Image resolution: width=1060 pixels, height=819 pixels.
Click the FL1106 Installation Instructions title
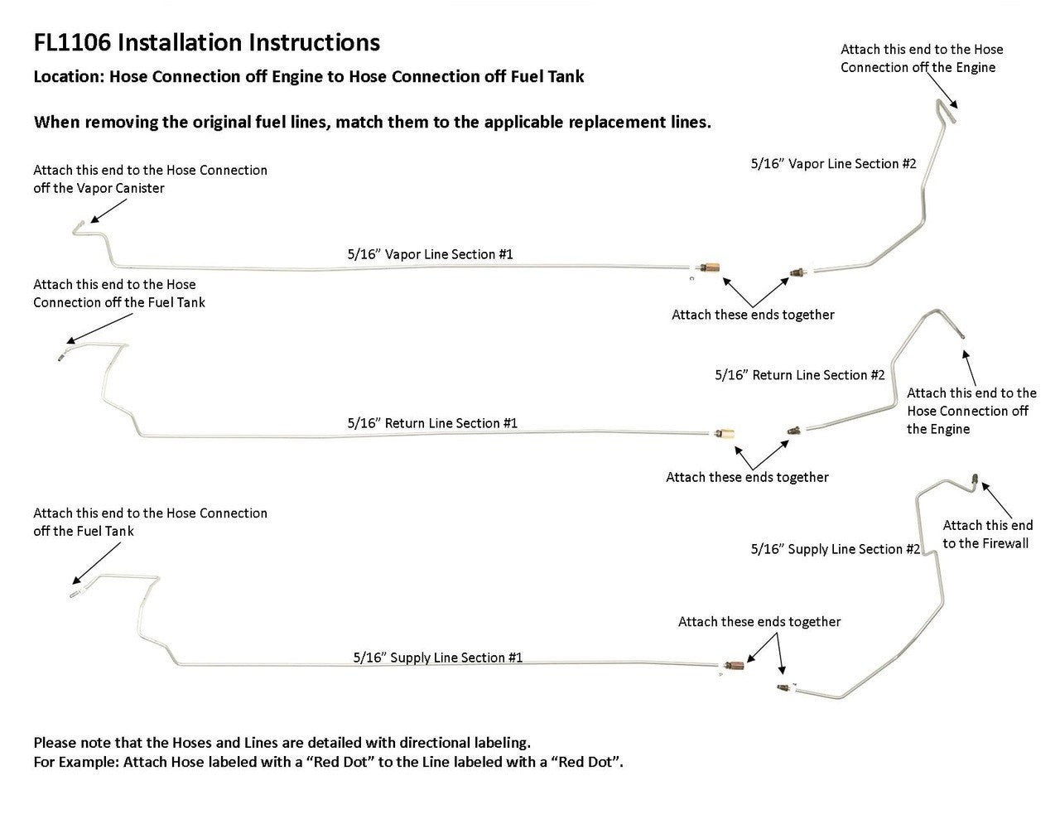coord(207,42)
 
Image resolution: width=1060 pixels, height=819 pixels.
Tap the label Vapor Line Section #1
coord(430,254)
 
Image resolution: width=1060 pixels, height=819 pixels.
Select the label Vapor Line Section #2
coord(833,164)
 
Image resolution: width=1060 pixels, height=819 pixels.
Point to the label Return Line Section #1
coord(432,423)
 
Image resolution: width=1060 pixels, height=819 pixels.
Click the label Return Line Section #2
coord(800,375)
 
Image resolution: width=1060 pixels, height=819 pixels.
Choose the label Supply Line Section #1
coord(437,658)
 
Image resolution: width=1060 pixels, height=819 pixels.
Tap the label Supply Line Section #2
coord(835,549)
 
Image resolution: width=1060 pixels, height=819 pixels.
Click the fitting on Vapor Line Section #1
coord(709,267)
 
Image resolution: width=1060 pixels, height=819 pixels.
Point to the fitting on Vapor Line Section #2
coord(799,270)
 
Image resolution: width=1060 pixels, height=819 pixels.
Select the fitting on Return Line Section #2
coord(794,430)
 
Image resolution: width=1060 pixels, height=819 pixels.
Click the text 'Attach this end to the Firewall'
coord(987,534)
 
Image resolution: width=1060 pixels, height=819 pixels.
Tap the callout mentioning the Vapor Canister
coord(150,179)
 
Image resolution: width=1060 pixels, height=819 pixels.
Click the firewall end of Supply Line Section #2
coord(975,479)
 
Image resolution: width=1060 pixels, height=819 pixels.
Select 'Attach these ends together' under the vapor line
coord(753,315)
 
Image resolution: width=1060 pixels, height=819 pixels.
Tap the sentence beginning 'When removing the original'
coord(372,122)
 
